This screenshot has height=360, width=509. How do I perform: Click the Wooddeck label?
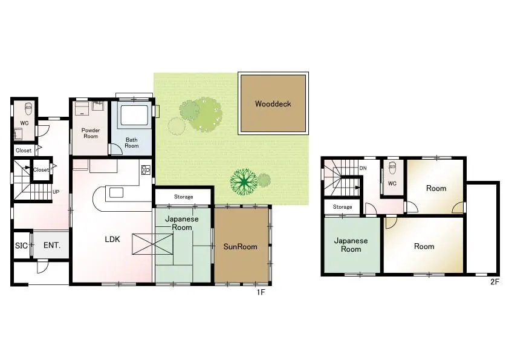(273, 104)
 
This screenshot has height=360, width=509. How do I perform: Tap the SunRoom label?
(240, 247)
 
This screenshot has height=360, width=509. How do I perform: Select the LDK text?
(112, 240)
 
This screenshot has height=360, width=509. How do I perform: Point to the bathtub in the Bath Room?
(134, 116)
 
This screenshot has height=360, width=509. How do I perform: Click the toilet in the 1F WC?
(28, 108)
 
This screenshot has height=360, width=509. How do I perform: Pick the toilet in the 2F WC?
(392, 168)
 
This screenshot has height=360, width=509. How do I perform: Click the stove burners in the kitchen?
(146, 170)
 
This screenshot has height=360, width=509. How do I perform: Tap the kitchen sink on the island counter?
(116, 192)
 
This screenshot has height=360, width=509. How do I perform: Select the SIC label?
(21, 246)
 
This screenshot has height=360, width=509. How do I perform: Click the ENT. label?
(52, 245)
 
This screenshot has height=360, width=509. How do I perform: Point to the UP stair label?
(56, 192)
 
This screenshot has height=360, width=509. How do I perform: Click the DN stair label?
(363, 168)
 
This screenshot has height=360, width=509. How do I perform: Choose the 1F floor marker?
(261, 292)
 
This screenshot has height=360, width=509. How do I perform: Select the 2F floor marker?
(494, 282)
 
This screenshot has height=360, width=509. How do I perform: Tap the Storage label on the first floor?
(183, 197)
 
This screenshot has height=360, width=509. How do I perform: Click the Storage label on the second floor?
(343, 207)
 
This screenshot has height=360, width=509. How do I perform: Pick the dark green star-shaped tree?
(244, 182)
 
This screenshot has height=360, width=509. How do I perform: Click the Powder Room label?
(91, 133)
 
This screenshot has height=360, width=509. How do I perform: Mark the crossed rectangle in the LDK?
(152, 244)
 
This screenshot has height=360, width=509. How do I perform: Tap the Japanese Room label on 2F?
(351, 245)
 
